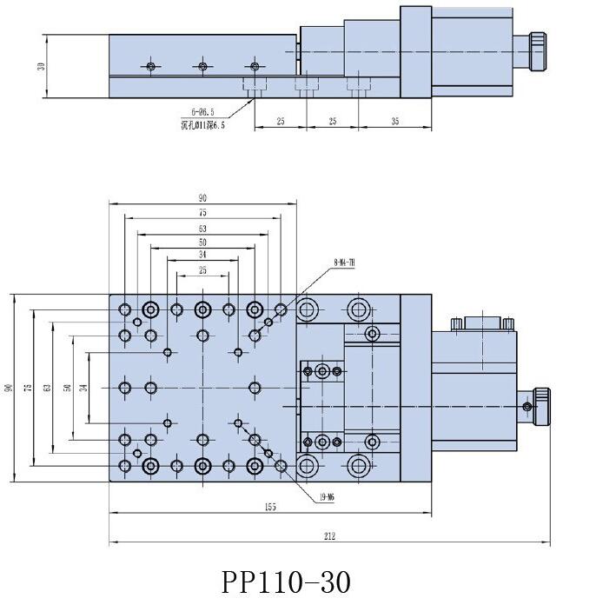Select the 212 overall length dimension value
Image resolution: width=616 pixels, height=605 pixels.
[329, 536]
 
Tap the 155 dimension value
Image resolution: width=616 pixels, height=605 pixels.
[269, 507]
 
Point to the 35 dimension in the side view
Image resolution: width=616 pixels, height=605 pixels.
[394, 122]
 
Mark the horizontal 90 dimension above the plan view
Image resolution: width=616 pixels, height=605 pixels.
[202, 199]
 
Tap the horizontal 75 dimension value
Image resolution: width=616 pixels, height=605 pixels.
[202, 212]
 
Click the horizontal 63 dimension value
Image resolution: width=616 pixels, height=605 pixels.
[202, 229]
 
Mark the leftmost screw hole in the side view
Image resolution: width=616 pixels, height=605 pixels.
[151, 66]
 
